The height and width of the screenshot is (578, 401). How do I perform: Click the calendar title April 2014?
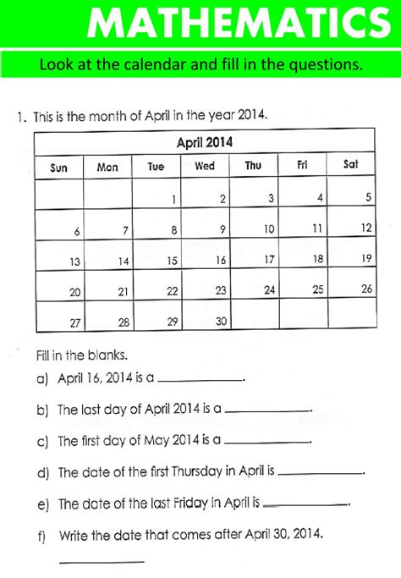(x=204, y=142)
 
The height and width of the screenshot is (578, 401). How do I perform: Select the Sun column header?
(x=59, y=168)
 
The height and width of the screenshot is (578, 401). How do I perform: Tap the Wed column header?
(x=205, y=167)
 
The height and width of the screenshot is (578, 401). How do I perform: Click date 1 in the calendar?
(x=173, y=201)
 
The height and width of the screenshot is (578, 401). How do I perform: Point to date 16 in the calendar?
(x=221, y=261)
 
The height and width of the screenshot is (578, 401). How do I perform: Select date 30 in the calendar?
(x=222, y=322)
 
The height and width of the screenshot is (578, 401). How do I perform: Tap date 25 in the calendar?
(x=318, y=289)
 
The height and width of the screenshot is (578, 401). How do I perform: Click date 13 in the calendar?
(x=75, y=262)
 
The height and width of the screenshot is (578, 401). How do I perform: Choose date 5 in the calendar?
(x=368, y=198)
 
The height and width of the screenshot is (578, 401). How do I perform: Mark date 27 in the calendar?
(x=75, y=322)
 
